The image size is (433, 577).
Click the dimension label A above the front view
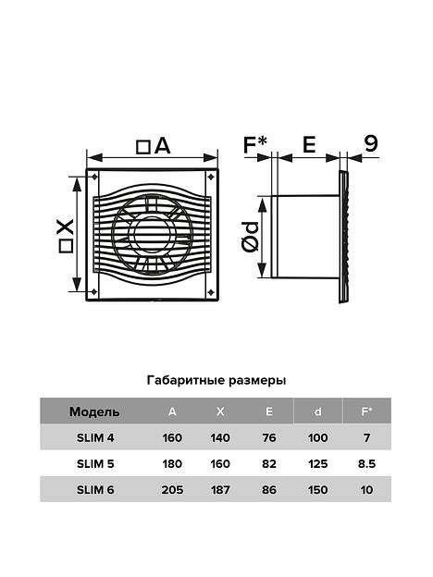pos(163,146)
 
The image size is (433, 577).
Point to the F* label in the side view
pos(254,144)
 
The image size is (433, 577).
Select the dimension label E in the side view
pos(309,144)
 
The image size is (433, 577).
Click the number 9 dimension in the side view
pos(371,143)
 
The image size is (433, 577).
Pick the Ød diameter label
pos(251,238)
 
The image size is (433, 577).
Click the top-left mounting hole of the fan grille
pos(94,177)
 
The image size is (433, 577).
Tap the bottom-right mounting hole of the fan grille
pos(211,292)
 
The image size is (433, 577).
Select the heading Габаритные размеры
pos(216,380)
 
